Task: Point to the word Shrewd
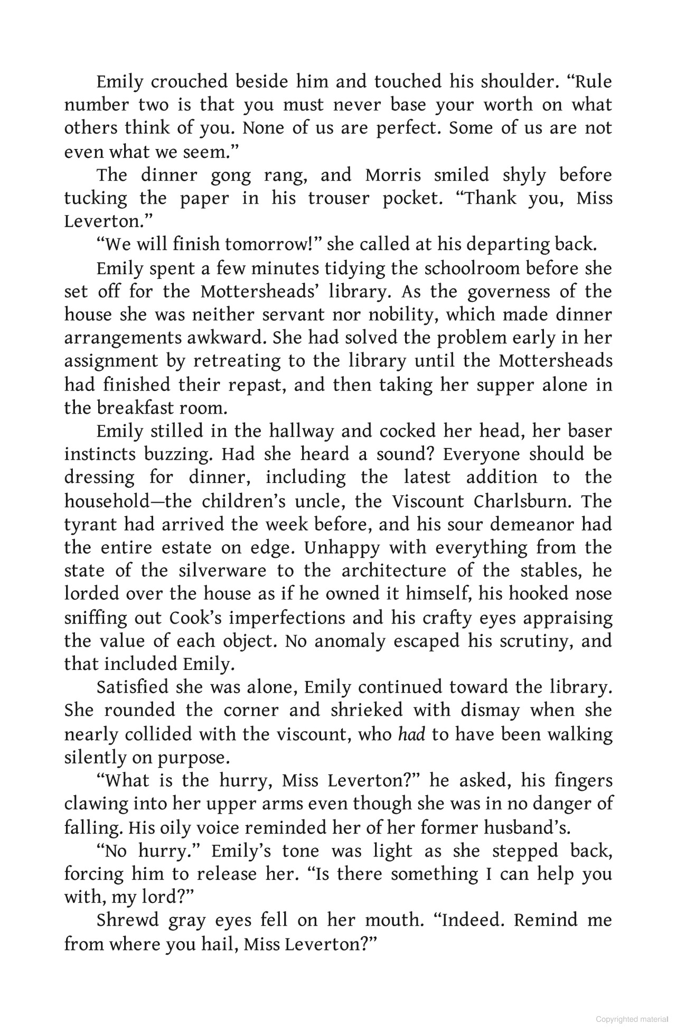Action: (x=128, y=920)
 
